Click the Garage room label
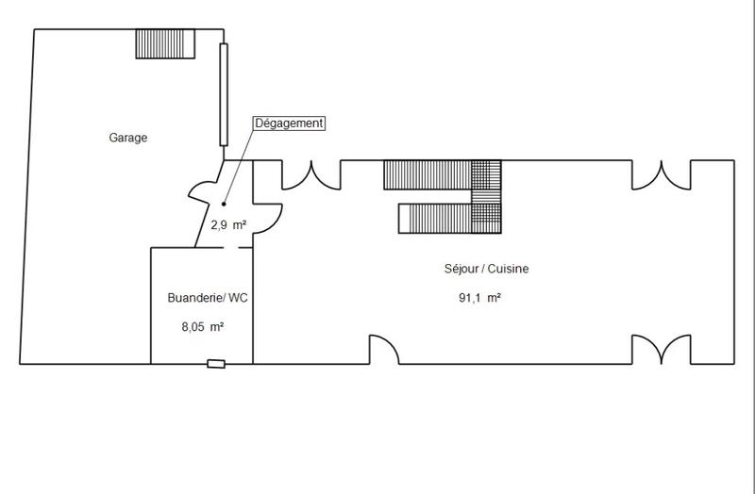(x=128, y=138)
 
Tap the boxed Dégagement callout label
(x=289, y=123)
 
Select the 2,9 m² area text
(x=227, y=224)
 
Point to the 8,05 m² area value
(x=202, y=327)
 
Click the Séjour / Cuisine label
(x=486, y=269)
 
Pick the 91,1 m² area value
(x=479, y=298)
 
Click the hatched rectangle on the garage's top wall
(x=164, y=43)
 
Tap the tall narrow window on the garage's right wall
(x=224, y=94)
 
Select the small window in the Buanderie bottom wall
(x=217, y=363)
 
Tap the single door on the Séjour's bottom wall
(x=383, y=350)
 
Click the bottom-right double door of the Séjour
(x=661, y=350)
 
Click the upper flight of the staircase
(x=428, y=174)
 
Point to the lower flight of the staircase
(x=435, y=218)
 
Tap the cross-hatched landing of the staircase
(x=487, y=196)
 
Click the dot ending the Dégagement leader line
(x=224, y=203)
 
